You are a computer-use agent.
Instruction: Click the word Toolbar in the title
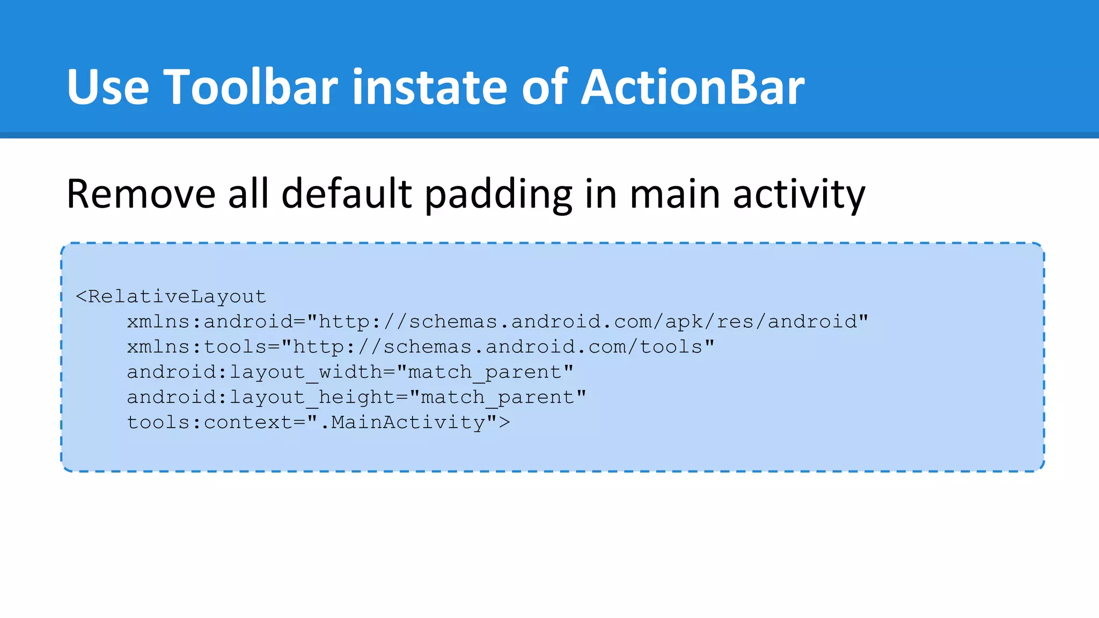click(251, 87)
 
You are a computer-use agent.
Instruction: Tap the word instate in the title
click(429, 87)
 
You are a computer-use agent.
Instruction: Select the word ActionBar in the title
click(693, 87)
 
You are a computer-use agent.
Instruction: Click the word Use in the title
click(108, 87)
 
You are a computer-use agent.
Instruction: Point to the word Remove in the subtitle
click(141, 194)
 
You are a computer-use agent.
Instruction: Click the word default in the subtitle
click(346, 194)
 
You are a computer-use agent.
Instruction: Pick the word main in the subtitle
click(675, 194)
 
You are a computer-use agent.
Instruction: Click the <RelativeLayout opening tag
click(171, 297)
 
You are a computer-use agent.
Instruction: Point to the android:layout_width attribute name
click(255, 372)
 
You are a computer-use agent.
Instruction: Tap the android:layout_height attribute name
click(261, 398)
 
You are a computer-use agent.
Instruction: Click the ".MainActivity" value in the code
click(402, 423)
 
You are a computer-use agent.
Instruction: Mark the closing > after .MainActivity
click(504, 423)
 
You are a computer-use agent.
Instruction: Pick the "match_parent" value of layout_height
click(498, 398)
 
